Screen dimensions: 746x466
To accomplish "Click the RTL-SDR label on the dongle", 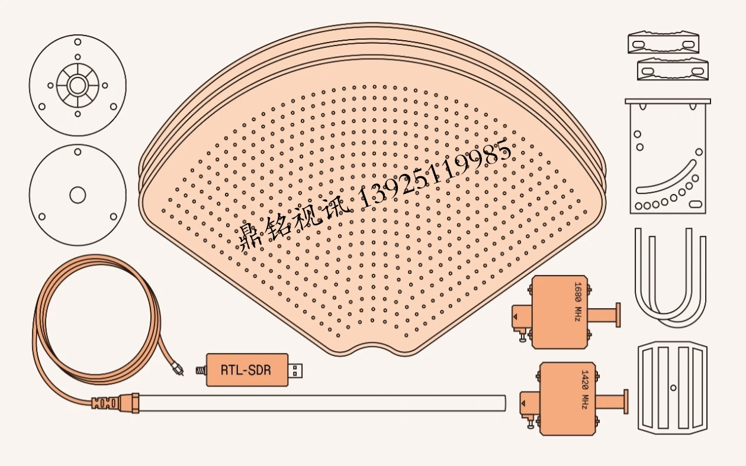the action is click(246, 370).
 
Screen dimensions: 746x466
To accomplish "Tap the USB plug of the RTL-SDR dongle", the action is click(295, 370).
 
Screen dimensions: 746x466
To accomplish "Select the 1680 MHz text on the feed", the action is click(578, 302).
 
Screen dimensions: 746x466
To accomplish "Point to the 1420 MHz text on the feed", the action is click(585, 389).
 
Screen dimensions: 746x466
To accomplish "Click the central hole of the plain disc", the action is click(78, 195).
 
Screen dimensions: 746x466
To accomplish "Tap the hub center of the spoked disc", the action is click(78, 86).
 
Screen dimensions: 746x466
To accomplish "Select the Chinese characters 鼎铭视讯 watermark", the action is click(295, 225).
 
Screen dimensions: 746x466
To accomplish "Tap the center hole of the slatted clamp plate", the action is click(673, 388).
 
